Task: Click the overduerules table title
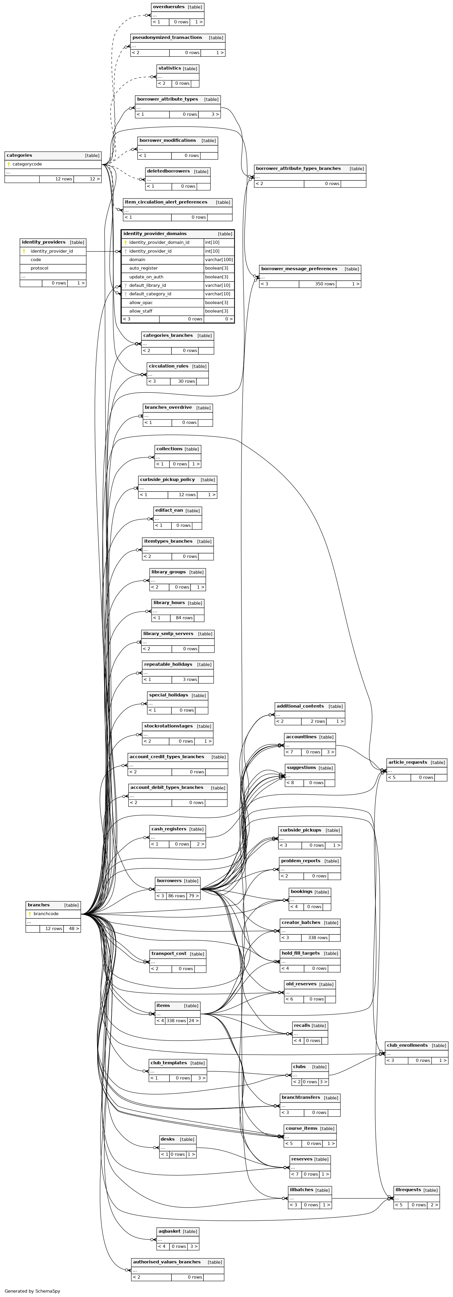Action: tap(168, 7)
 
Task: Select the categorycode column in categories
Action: tap(27, 164)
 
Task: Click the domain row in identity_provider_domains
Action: tap(137, 260)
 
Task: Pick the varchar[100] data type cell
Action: tap(219, 260)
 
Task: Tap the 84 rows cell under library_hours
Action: tap(184, 618)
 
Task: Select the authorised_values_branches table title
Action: tap(166, 1262)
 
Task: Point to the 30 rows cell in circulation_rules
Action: tap(186, 381)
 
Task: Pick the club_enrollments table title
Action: tap(407, 1045)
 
